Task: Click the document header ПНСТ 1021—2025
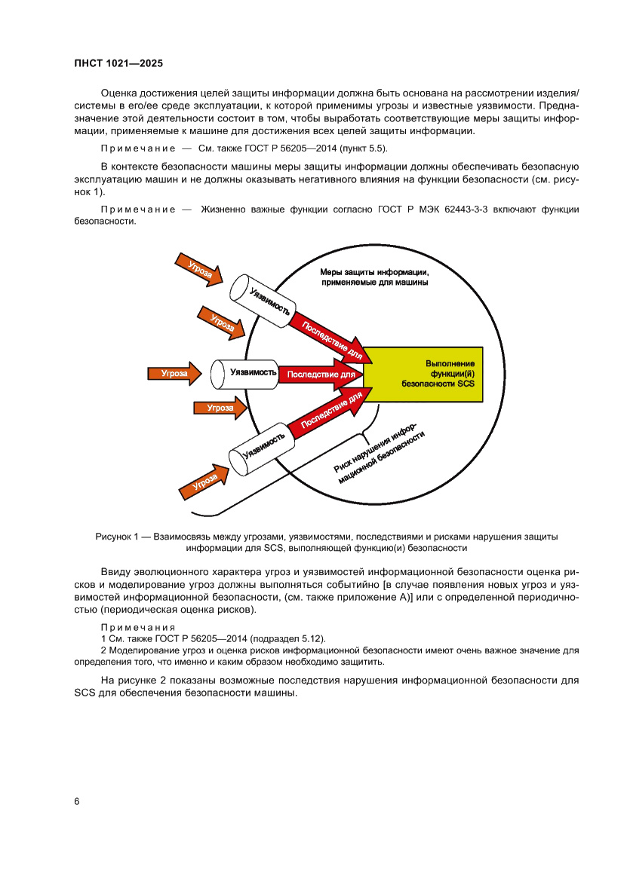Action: point(118,64)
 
